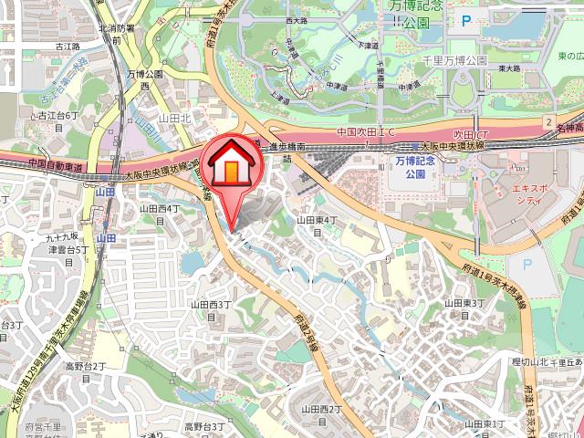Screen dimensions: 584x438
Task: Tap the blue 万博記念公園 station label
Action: [416, 166]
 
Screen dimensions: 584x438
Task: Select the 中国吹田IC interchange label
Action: [366, 132]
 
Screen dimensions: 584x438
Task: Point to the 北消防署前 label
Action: [116, 34]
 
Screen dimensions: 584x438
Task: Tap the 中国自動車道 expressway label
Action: [55, 167]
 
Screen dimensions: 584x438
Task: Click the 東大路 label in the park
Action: [509, 68]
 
